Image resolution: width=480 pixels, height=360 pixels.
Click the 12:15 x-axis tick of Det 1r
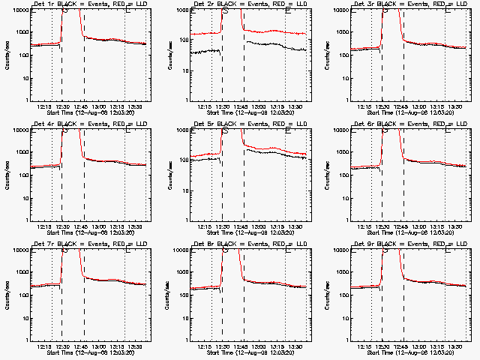click(x=44, y=106)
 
